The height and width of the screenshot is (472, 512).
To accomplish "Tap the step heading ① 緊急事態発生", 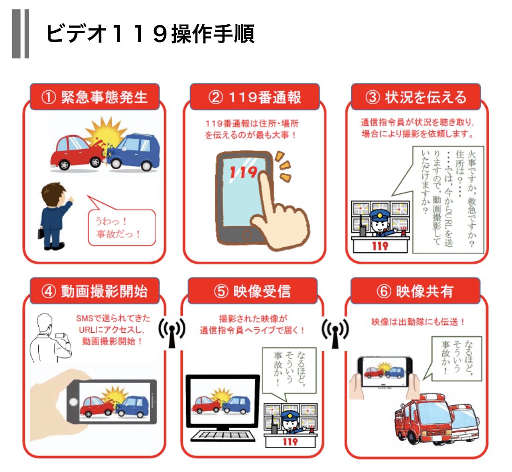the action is (94, 97).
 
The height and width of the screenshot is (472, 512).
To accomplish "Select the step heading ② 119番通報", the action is (254, 97).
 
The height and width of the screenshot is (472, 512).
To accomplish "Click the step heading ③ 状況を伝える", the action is (416, 97).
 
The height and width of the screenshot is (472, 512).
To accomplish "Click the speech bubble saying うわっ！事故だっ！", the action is (121, 227).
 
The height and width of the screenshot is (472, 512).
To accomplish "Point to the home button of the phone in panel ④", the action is (72, 402).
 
